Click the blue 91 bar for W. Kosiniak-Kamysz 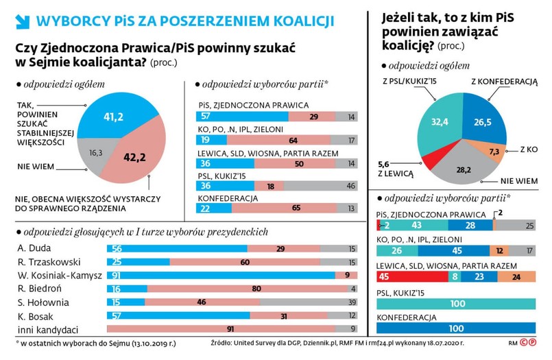(219, 274)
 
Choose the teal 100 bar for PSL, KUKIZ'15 (457, 302)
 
